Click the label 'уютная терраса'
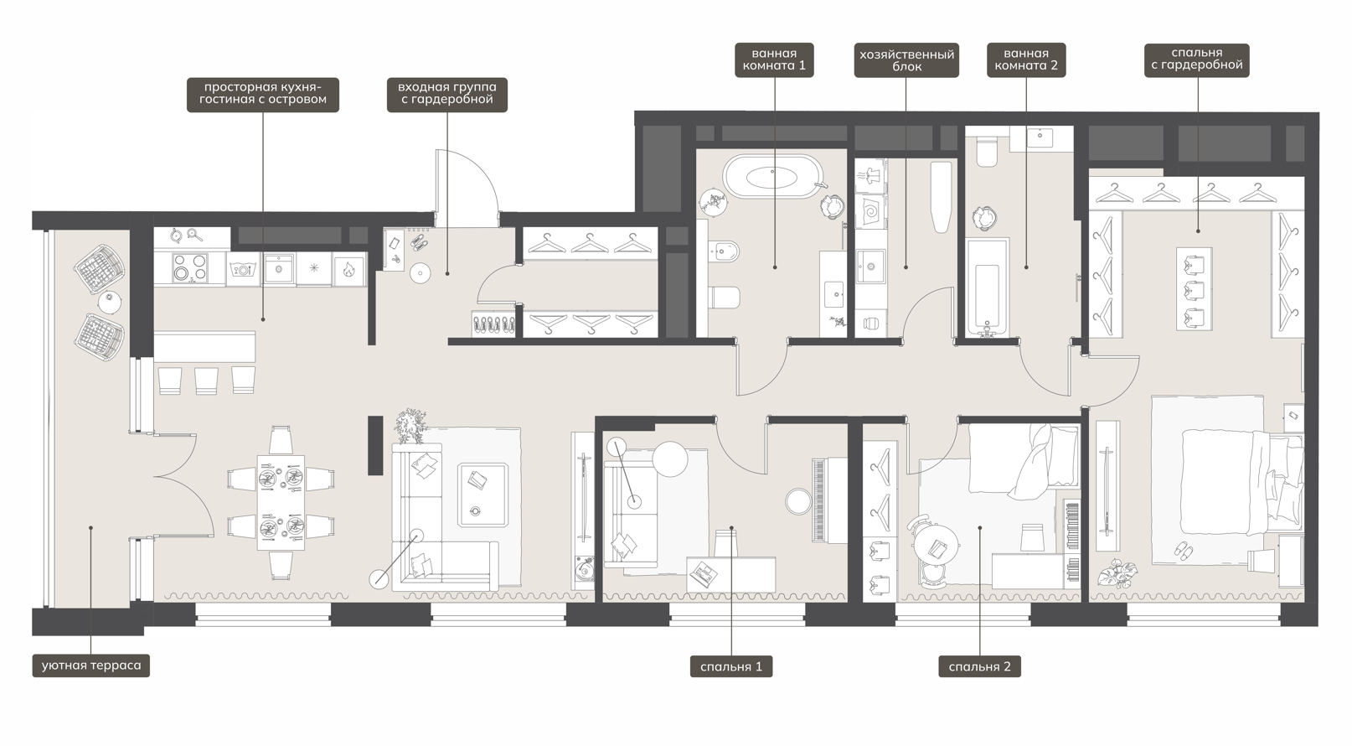point(90,666)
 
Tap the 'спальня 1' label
point(731,666)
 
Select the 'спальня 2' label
point(979,666)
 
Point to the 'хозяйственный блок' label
point(906,60)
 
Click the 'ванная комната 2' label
point(1026,60)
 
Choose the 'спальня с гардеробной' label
point(1197,60)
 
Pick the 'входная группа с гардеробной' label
point(447,94)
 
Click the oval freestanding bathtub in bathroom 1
point(772,177)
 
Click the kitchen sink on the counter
point(279,268)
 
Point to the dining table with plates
point(281,503)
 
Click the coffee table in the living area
point(482,495)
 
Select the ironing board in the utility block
point(940,197)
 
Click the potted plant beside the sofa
point(410,425)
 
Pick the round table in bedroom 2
point(935,546)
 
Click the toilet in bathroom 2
point(988,153)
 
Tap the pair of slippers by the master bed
point(1183,550)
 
